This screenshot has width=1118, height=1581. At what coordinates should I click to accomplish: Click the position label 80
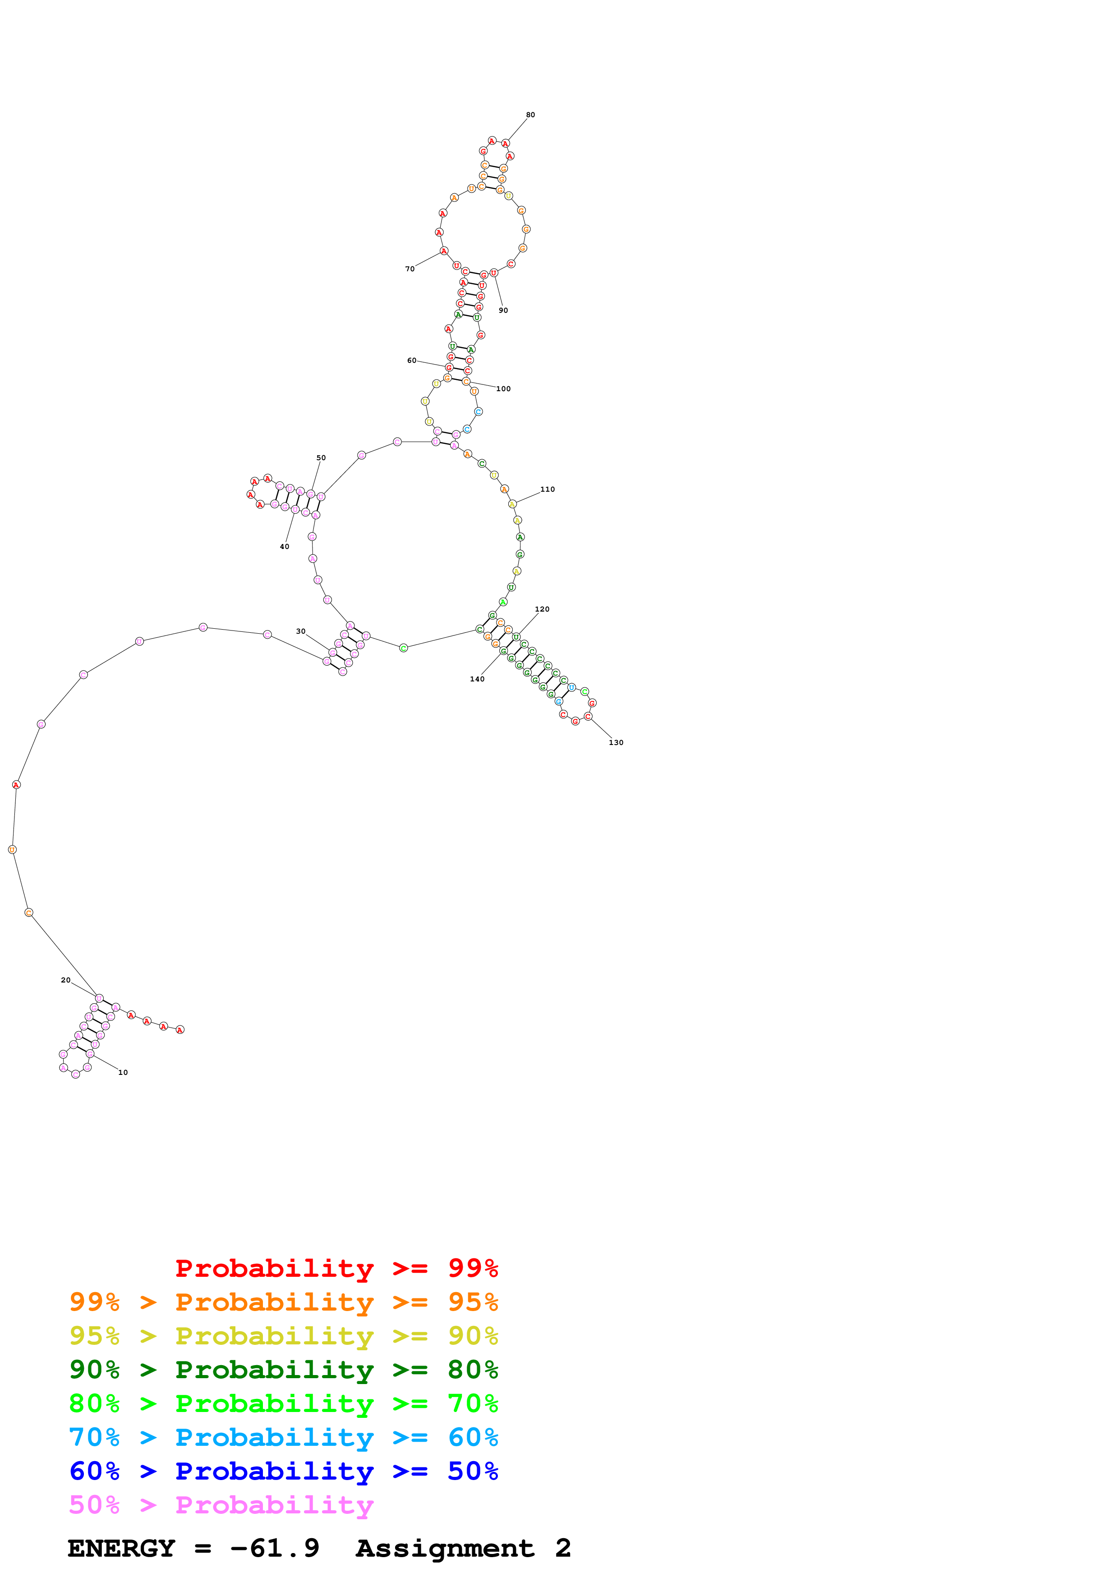point(530,115)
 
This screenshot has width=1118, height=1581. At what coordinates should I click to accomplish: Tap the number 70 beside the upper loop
point(410,269)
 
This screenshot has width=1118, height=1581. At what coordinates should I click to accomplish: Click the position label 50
point(321,458)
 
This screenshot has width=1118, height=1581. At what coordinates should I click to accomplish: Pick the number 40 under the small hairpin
point(285,547)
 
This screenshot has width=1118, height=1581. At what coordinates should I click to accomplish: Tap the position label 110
point(547,489)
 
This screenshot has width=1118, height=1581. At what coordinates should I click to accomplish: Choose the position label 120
point(542,609)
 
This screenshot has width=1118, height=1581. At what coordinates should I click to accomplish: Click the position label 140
point(477,679)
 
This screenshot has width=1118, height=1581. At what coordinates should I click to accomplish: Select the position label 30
point(300,631)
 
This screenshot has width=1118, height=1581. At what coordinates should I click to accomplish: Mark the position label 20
point(65,980)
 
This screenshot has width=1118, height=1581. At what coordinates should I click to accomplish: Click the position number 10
point(123,1072)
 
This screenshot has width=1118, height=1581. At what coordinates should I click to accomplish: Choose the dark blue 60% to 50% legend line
point(283,1471)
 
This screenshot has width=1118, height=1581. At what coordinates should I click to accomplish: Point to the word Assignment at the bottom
point(444,1548)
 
